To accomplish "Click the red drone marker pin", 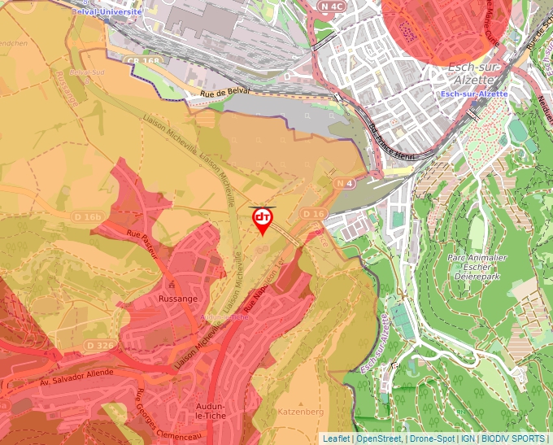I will point(263,219).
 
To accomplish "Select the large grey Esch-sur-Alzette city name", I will point(472,79).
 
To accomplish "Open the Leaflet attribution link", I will point(337,438).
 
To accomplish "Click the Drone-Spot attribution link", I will point(432,438).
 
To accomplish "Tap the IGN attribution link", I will point(468,438).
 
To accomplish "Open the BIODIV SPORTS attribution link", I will point(512,438).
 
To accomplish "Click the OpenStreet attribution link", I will point(380,438).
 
